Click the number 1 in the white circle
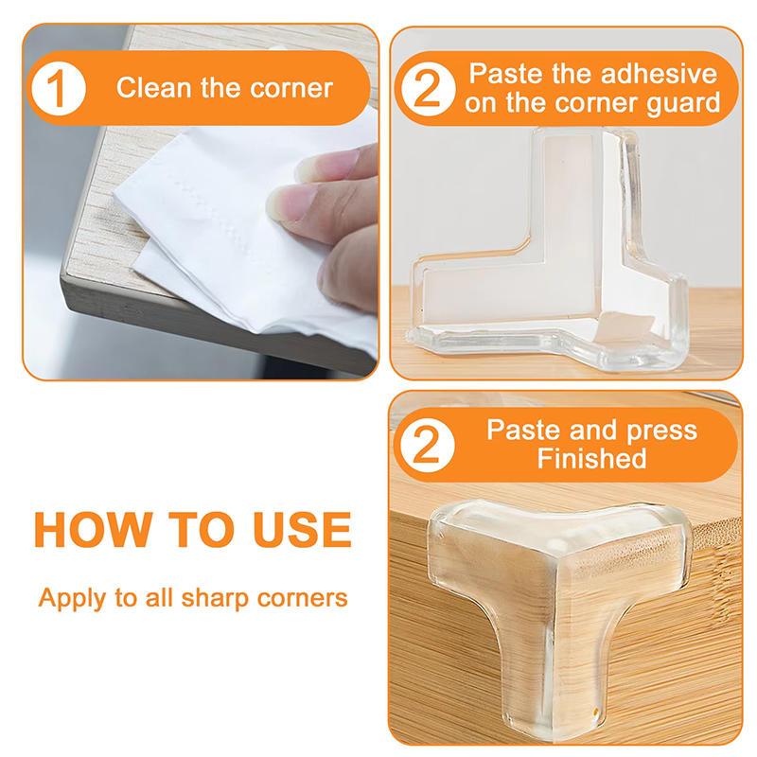click(x=60, y=88)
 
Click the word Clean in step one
click(x=151, y=88)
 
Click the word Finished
click(x=591, y=460)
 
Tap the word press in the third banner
click(x=658, y=431)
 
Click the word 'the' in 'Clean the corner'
click(x=222, y=88)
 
